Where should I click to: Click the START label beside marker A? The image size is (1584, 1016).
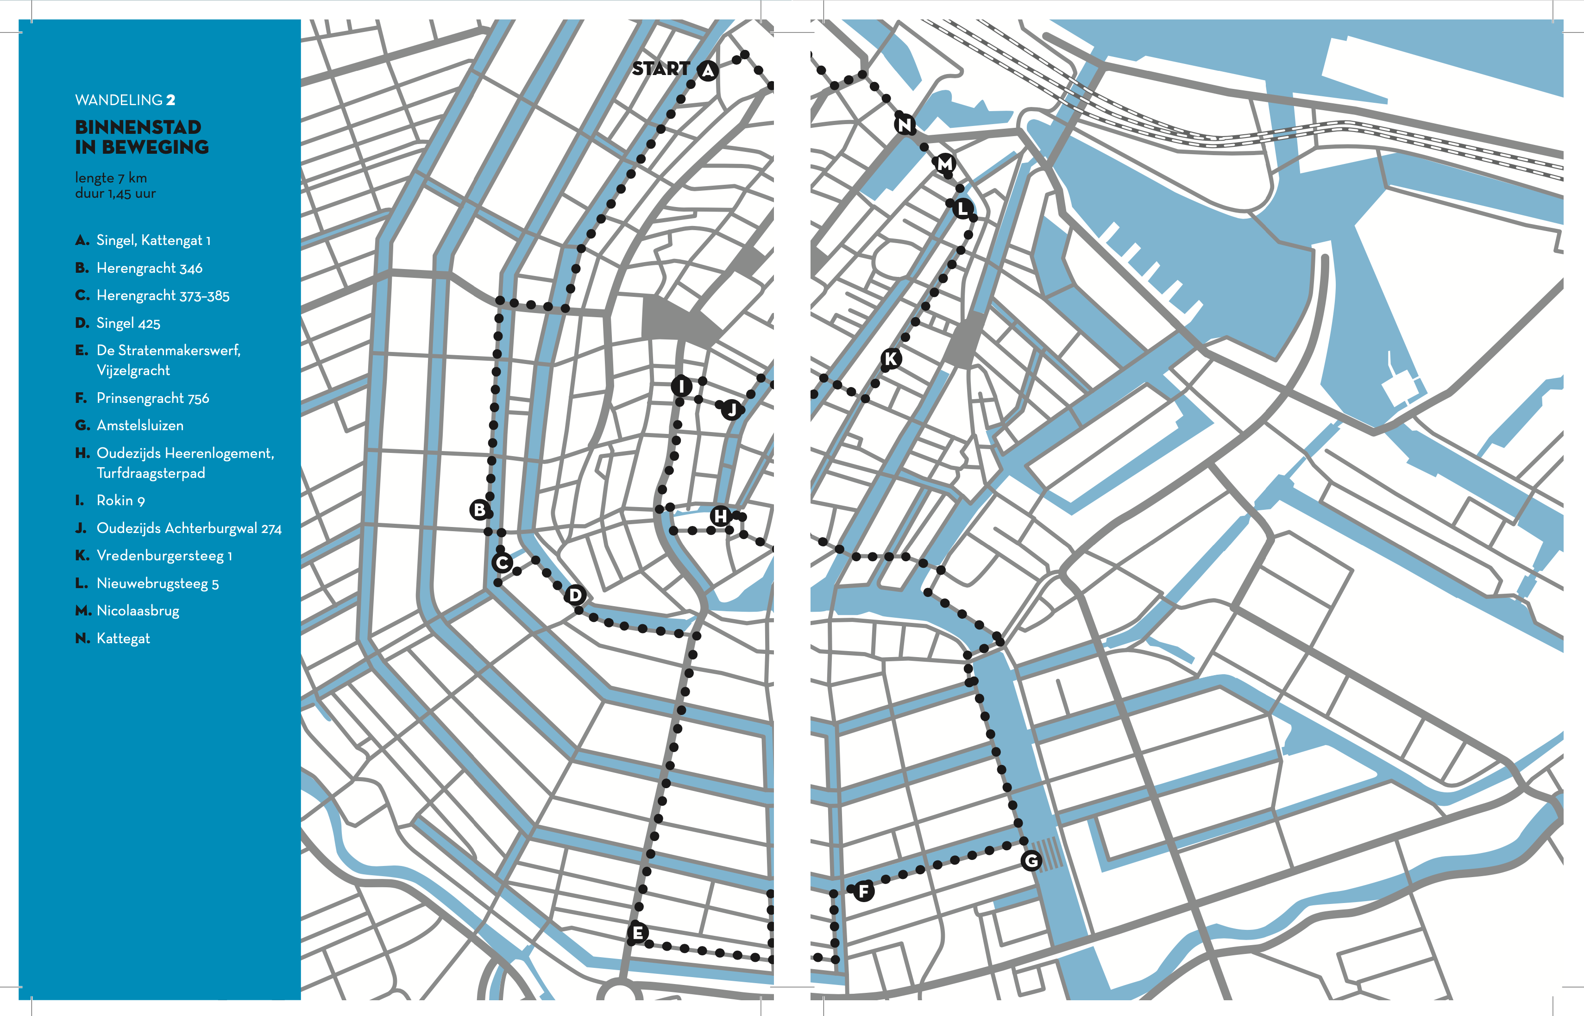[x=660, y=69]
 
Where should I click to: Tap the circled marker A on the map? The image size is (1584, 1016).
[x=708, y=70]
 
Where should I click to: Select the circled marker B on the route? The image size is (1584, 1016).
[x=480, y=510]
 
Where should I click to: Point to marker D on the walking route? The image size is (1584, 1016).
[x=575, y=595]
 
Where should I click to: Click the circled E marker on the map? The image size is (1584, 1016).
[x=637, y=933]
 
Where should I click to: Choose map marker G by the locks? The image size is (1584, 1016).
[x=1031, y=860]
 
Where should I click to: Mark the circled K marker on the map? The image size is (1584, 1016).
[x=891, y=359]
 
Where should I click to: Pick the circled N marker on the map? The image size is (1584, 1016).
[x=905, y=124]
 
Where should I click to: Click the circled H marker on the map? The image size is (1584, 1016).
[x=720, y=516]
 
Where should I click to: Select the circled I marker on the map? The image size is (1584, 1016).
[x=681, y=386]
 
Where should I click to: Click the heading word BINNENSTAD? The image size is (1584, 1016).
[x=138, y=127]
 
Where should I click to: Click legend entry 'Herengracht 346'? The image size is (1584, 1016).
[x=149, y=268]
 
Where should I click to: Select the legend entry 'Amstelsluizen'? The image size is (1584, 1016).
[x=140, y=426]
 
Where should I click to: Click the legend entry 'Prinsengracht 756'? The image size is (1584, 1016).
[x=152, y=399]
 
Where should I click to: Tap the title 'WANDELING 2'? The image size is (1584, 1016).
[x=125, y=100]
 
